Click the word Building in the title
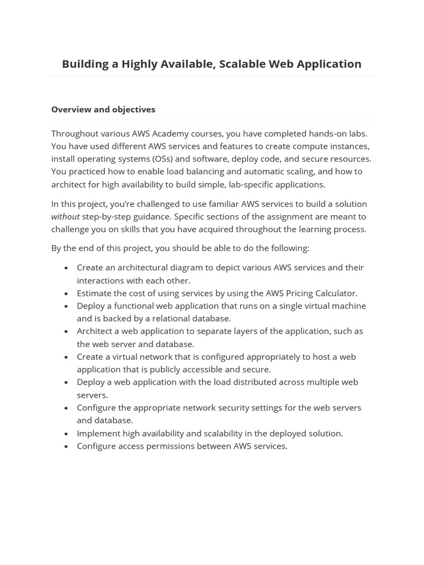(x=85, y=64)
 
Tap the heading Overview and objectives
(x=103, y=109)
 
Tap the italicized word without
(x=65, y=216)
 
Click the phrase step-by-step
(x=108, y=216)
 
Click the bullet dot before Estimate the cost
(x=66, y=294)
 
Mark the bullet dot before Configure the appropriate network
(x=66, y=408)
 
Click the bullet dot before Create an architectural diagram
(x=66, y=268)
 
